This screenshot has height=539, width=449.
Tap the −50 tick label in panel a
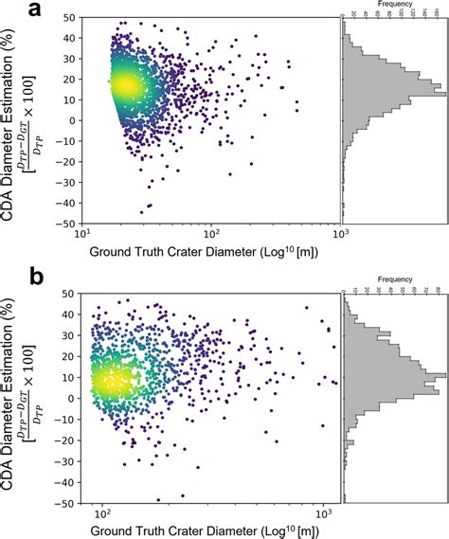pos(65,225)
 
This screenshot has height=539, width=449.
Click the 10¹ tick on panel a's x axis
pos(82,236)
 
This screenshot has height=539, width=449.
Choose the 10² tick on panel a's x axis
pos(210,236)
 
